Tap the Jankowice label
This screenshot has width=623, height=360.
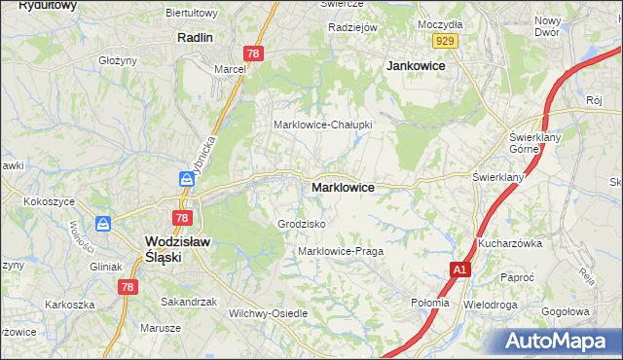point(416,65)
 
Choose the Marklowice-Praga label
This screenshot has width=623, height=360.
point(340,251)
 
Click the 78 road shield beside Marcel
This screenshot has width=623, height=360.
point(252,54)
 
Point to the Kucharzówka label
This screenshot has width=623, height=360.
point(509,243)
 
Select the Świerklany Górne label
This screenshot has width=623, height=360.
point(531,143)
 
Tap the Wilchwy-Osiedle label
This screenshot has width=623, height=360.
point(268,313)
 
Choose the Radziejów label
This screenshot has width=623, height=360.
point(352,27)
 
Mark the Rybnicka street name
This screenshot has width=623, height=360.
point(204,157)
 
